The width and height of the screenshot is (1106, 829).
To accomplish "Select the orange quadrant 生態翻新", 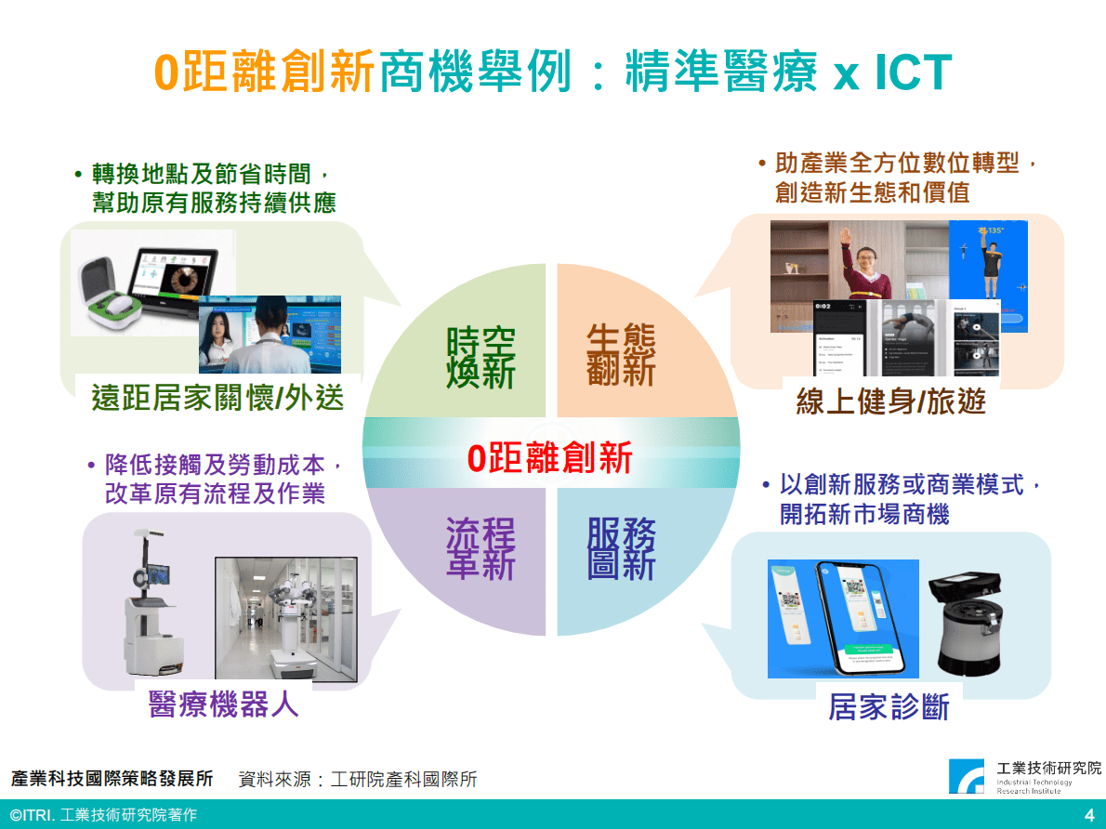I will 621,354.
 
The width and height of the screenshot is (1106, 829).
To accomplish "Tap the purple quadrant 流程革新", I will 480,548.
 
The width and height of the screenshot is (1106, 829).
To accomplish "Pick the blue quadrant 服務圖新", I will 621,548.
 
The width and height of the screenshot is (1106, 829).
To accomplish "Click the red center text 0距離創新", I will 550,458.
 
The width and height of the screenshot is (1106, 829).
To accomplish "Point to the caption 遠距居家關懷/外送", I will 217,398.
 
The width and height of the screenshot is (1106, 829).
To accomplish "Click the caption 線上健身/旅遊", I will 890,401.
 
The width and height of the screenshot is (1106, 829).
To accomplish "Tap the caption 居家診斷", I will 889,707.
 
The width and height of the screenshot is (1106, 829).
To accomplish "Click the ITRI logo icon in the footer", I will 967,776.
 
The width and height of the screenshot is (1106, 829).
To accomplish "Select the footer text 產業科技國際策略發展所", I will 112,779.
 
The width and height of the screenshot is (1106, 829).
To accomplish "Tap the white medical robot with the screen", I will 149,604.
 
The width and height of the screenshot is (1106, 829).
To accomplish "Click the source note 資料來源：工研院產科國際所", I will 358,779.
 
